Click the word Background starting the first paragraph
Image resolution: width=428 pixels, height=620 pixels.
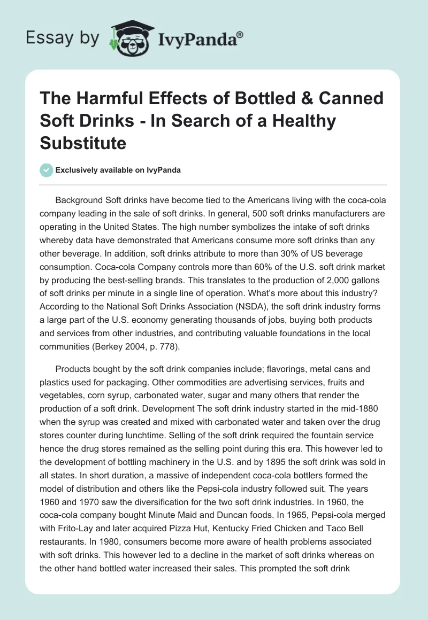point(81,200)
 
